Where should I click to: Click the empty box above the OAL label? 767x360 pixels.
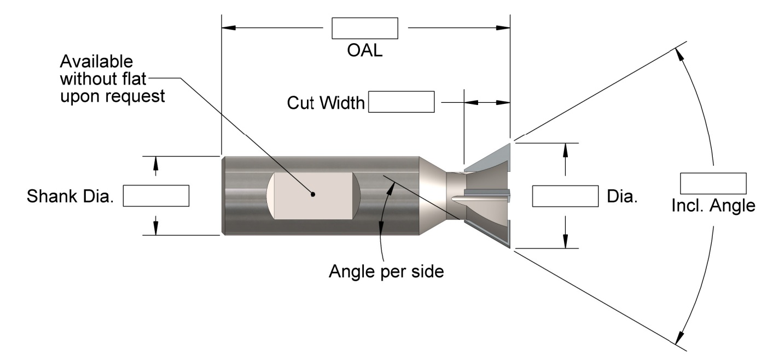[365, 28]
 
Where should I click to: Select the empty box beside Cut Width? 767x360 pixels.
[402, 102]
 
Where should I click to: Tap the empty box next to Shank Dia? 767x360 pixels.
[156, 196]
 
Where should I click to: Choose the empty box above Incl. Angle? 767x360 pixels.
[713, 183]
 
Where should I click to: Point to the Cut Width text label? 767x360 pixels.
[326, 103]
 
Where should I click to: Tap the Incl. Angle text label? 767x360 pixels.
[713, 206]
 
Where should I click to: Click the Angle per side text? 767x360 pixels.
[386, 271]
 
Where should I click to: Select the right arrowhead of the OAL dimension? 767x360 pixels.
[503, 27]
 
